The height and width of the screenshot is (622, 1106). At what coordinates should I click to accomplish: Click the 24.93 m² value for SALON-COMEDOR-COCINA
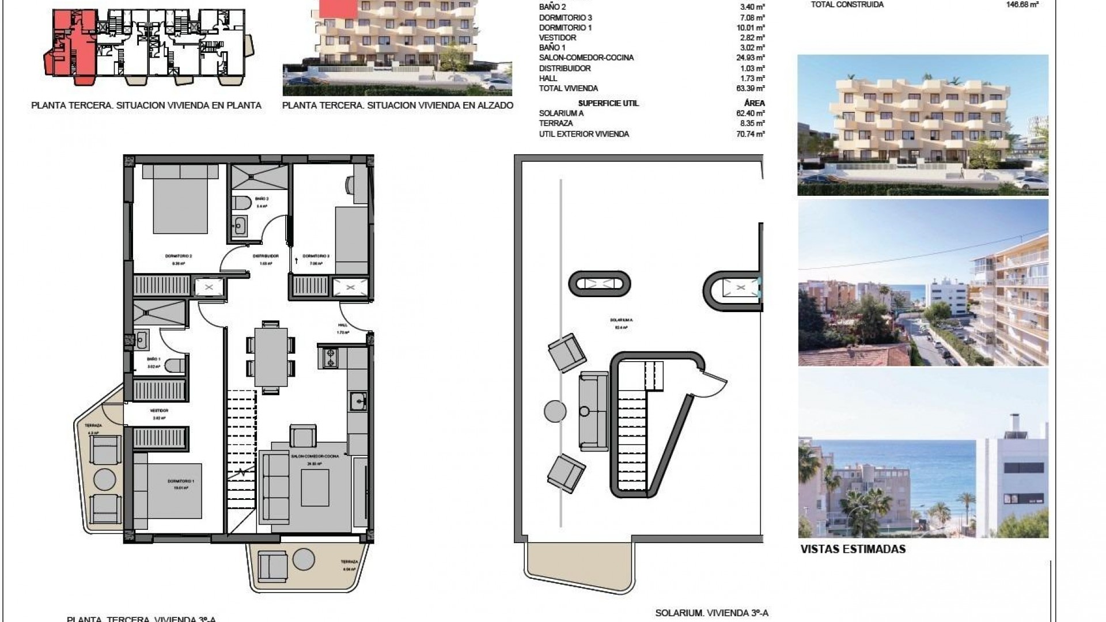click(x=752, y=58)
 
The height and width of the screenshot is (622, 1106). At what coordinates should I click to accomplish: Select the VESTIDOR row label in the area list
click(x=557, y=38)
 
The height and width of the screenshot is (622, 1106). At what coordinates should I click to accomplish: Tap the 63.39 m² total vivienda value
click(x=752, y=89)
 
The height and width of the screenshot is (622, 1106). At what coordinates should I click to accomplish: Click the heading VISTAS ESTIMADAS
click(x=853, y=549)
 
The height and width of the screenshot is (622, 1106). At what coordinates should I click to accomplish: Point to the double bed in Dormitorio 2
click(x=180, y=199)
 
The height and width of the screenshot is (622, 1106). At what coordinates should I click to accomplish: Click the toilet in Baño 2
click(x=241, y=203)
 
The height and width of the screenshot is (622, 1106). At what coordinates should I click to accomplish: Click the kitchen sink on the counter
click(x=358, y=399)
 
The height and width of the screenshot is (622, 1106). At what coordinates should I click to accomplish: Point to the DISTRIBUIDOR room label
click(x=266, y=256)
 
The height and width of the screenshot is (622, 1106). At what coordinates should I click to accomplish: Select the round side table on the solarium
click(x=555, y=411)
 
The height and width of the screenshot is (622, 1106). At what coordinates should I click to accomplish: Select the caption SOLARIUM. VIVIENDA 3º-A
click(x=711, y=613)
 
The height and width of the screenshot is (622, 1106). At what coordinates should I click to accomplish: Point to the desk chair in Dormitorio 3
click(x=351, y=184)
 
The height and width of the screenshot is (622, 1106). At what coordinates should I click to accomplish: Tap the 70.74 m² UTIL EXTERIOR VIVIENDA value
click(x=752, y=134)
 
